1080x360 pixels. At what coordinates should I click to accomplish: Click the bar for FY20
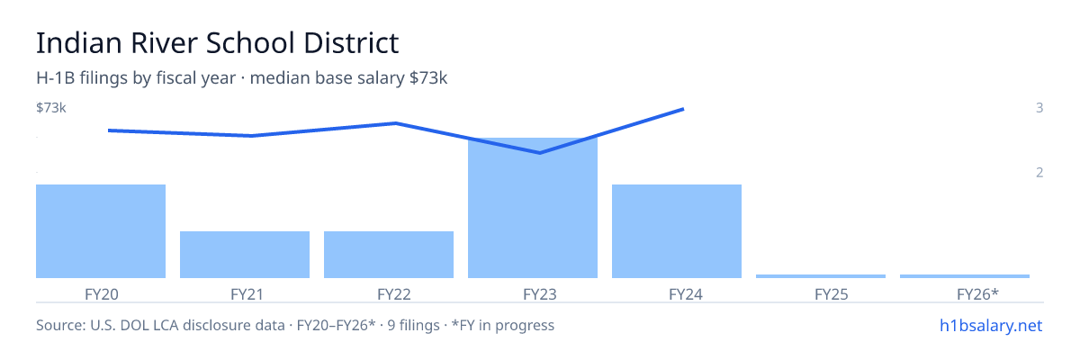pyautogui.click(x=101, y=231)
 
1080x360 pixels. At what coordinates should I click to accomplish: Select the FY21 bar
pyautogui.click(x=245, y=255)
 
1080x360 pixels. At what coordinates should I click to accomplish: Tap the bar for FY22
pyautogui.click(x=389, y=255)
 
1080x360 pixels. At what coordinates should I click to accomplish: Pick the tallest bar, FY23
pyautogui.click(x=533, y=208)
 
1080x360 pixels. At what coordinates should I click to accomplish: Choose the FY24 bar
pyautogui.click(x=677, y=231)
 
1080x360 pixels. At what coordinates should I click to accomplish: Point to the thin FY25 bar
pyautogui.click(x=821, y=276)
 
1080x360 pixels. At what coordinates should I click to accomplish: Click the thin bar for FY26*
pyautogui.click(x=965, y=276)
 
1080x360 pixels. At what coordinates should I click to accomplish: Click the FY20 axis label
pyautogui.click(x=101, y=294)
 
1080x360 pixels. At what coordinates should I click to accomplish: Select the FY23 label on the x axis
pyautogui.click(x=540, y=294)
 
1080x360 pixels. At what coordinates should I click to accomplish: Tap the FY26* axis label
pyautogui.click(x=977, y=294)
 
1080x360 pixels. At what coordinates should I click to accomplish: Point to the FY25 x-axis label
pyautogui.click(x=832, y=294)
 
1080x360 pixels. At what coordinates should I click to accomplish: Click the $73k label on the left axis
pyautogui.click(x=51, y=107)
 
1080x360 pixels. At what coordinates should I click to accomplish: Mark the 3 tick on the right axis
pyautogui.click(x=1039, y=107)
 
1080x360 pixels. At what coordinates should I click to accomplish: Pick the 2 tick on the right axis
pyautogui.click(x=1039, y=172)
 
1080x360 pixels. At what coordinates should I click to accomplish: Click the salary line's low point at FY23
pyautogui.click(x=539, y=153)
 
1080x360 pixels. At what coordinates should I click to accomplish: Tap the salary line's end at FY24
pyautogui.click(x=683, y=110)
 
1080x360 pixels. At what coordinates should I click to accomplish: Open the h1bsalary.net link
pyautogui.click(x=991, y=326)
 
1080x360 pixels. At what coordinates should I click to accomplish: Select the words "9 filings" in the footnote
pyautogui.click(x=414, y=326)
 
